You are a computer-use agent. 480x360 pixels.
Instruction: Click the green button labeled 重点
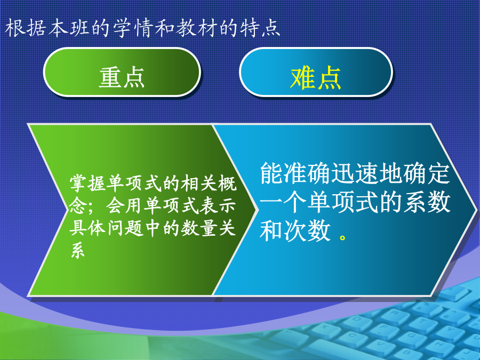(122, 72)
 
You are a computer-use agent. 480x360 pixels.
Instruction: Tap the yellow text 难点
(316, 78)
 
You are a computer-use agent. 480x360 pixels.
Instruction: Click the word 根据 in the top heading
(26, 28)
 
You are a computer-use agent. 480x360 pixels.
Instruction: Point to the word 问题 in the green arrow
(125, 228)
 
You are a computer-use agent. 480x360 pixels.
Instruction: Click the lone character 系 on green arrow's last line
(78, 250)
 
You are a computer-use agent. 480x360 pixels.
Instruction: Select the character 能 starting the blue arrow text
(271, 173)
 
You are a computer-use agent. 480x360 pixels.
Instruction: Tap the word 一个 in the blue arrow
(283, 202)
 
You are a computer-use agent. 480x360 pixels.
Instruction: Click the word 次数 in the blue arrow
(307, 231)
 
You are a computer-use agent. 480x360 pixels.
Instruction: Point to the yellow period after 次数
(342, 237)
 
